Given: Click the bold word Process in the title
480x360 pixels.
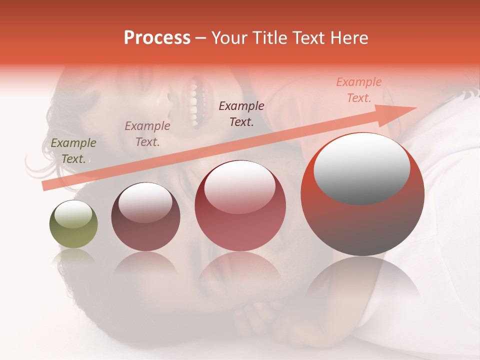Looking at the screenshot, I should [x=157, y=38].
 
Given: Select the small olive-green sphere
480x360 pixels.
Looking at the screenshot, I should [x=73, y=224].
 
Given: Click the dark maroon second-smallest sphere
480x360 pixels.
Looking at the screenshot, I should [x=145, y=216].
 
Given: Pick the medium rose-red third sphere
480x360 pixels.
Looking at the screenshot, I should [x=240, y=205].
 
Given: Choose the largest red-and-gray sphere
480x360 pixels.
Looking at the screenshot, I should [x=362, y=194].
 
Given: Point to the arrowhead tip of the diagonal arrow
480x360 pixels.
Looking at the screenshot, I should [x=416, y=108].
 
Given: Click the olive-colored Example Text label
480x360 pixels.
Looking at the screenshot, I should [x=73, y=150].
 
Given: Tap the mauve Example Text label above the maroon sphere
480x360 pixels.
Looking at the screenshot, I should [x=147, y=133].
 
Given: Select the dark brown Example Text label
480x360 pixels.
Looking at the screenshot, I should [x=241, y=113].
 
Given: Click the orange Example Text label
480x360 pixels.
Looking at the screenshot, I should [x=359, y=90].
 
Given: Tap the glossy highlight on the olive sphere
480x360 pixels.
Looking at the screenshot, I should [x=73, y=213].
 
